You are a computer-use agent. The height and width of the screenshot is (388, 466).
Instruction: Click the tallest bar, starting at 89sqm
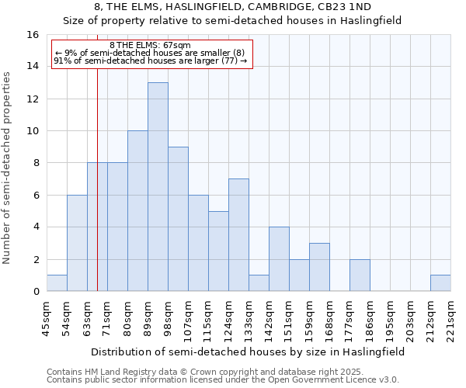coord(158,187)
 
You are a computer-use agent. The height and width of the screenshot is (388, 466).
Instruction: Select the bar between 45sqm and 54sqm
coord(57,283)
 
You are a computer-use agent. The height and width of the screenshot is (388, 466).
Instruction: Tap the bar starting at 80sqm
coord(137,211)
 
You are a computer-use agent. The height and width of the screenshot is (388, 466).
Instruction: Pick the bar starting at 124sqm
coord(238,235)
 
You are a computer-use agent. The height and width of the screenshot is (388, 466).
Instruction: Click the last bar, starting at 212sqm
coord(440,283)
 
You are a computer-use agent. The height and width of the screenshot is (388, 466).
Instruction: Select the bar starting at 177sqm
coord(360,275)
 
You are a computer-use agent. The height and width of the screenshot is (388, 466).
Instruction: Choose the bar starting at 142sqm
coord(279,259)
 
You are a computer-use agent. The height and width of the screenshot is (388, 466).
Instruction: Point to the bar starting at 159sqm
coord(319,267)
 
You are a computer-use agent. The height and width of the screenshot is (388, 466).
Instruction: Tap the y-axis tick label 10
coord(33,131)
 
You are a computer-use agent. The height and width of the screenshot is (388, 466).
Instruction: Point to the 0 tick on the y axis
coord(36,292)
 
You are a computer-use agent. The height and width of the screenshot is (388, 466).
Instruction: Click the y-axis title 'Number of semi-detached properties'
coord(8,168)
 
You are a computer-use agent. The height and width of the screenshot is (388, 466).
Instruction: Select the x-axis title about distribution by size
coord(248,352)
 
